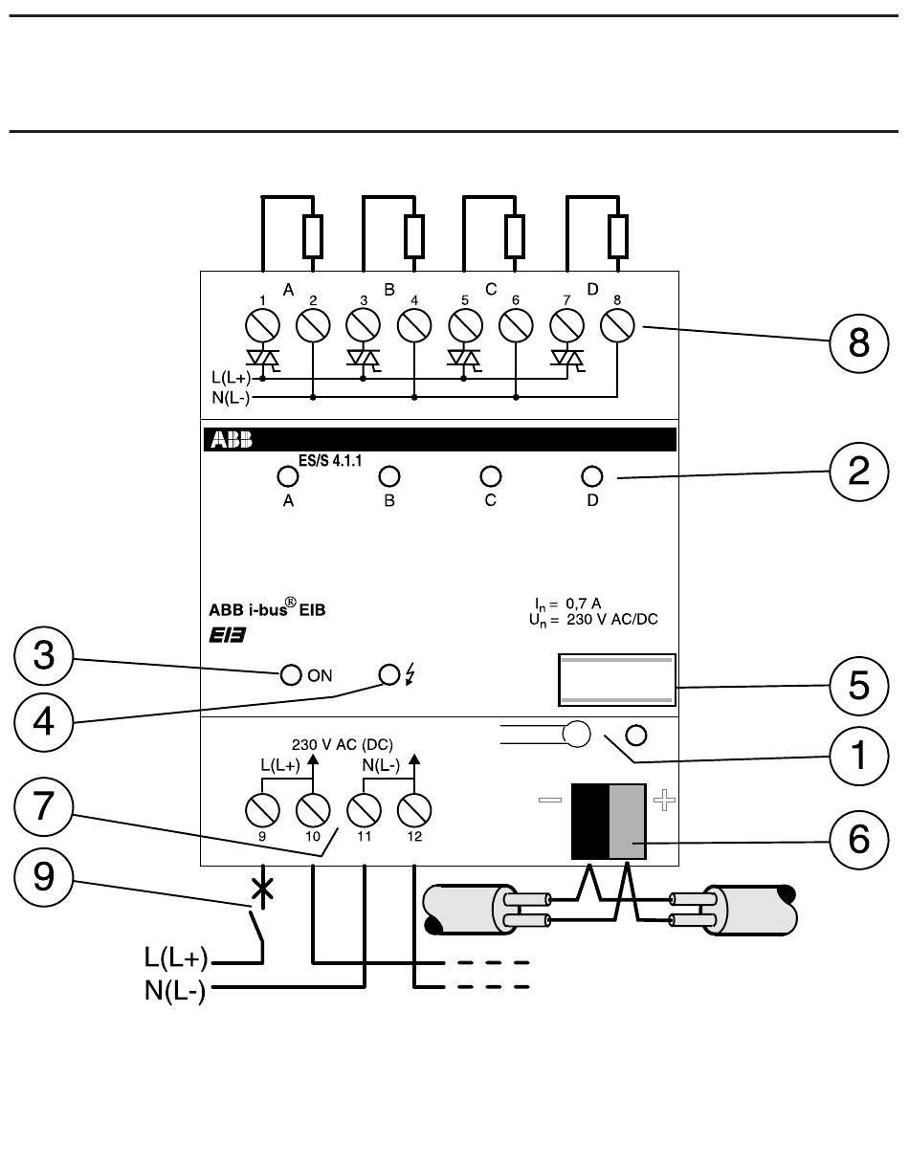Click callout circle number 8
[x=858, y=343]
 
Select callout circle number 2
[x=858, y=472]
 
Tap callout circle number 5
[x=858, y=686]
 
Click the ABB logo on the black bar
[x=232, y=440]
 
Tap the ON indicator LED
[x=291, y=675]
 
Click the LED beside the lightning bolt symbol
[x=389, y=675]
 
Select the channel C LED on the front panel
[x=490, y=476]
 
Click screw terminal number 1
[x=262, y=325]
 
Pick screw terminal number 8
[x=617, y=325]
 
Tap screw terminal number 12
[x=414, y=810]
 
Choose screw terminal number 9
[x=262, y=810]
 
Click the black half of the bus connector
[x=590, y=822]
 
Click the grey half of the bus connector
[x=628, y=822]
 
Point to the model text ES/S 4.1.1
[x=330, y=460]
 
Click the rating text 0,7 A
[x=583, y=604]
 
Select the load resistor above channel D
[x=618, y=235]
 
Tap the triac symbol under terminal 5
[x=464, y=358]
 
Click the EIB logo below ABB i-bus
[x=227, y=636]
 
